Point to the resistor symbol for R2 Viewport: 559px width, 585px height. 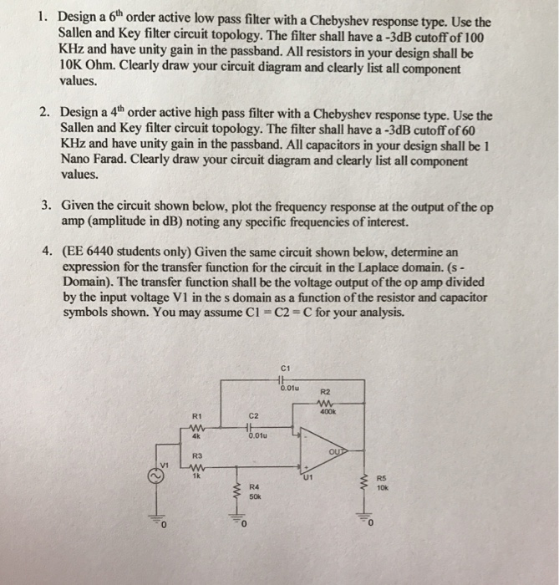(325, 400)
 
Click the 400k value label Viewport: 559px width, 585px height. (327, 409)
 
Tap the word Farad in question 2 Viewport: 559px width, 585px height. (99, 160)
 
